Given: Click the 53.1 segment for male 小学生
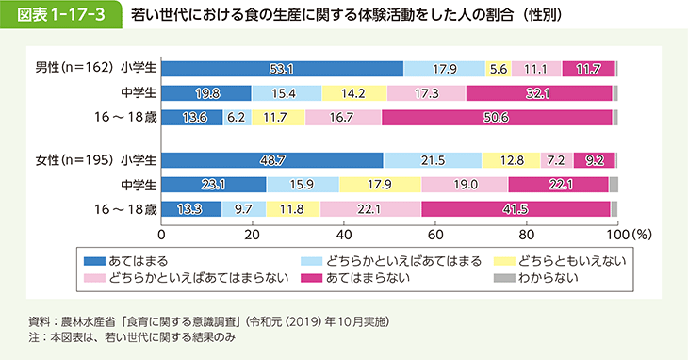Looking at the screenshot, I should click(x=282, y=68).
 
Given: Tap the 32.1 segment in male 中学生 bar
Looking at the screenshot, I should click(x=539, y=92).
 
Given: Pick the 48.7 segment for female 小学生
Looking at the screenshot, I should click(x=272, y=160).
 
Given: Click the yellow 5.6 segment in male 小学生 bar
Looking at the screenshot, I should click(x=499, y=68).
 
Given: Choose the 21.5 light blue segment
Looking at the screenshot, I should click(x=432, y=160).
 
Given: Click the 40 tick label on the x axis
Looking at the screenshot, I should click(x=344, y=233).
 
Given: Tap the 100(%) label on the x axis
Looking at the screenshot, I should click(x=630, y=233).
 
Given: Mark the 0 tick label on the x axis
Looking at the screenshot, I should click(x=162, y=233).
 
